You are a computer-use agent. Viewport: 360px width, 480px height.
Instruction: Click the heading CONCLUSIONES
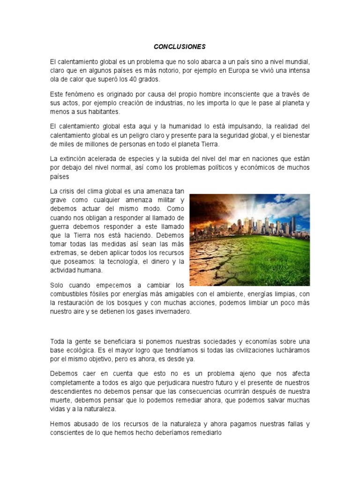(180, 47)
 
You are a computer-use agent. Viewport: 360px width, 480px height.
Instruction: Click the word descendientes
(72, 391)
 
